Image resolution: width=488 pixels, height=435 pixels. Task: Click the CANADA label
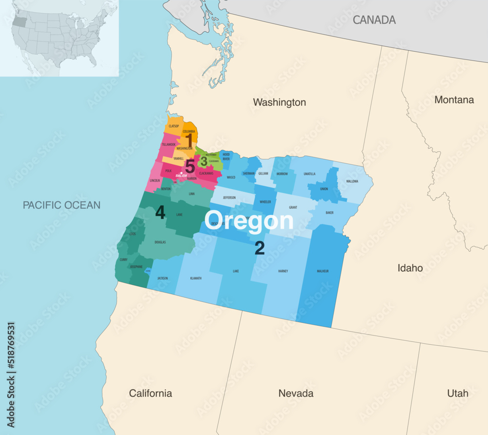[374, 20]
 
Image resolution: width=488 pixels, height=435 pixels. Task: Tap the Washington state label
[279, 102]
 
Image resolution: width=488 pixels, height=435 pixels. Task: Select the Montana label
[454, 99]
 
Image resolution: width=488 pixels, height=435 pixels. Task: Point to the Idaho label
[410, 268]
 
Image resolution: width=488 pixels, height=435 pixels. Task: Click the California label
[150, 393]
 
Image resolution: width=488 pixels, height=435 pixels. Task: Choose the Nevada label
[296, 393]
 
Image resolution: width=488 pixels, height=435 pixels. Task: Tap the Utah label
[457, 393]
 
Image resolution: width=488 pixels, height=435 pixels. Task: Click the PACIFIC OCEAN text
[61, 205]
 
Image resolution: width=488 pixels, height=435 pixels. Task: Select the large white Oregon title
[249, 221]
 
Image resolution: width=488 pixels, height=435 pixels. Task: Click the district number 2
[260, 249]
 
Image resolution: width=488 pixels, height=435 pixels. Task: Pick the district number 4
[160, 212]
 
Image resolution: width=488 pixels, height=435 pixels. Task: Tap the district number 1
[188, 139]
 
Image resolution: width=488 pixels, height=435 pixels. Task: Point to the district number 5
[190, 166]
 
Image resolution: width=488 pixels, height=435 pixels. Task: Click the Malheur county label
[323, 271]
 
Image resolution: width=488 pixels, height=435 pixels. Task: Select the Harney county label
[283, 271]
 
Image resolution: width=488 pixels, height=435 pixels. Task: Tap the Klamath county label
[195, 278]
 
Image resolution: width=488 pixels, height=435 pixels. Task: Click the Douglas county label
[160, 242]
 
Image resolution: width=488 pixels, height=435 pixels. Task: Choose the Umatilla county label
[309, 174]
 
